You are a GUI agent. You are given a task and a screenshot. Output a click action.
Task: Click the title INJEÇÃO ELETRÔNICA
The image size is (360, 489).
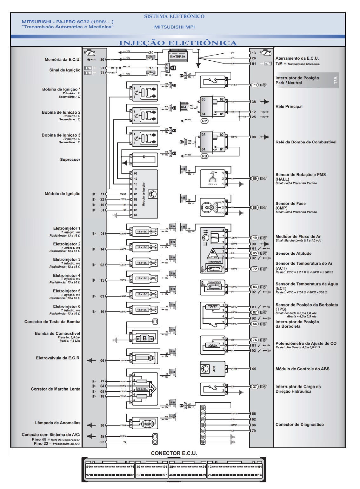pos(178,43)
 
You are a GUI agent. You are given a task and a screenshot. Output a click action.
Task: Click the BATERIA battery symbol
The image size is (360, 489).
pos(177,56)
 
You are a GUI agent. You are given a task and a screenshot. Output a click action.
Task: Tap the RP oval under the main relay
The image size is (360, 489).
pos(204,121)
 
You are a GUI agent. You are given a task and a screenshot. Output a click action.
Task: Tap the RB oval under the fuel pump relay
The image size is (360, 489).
pos(204,156)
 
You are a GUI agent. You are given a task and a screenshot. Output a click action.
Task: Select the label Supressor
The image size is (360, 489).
pos(70,159)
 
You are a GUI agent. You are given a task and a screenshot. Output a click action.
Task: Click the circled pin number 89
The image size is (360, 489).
pos(255,178)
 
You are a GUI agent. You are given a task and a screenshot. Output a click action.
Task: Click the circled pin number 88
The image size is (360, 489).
pos(255,207)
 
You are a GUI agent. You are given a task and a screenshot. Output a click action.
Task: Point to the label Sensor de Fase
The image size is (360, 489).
pos(290,204)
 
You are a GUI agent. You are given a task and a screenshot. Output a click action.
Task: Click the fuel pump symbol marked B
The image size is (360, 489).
pos(144,338)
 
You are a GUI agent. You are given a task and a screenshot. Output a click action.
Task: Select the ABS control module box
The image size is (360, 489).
pos(212,369)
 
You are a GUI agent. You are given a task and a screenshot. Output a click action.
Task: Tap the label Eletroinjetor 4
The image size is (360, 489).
pos(67,275)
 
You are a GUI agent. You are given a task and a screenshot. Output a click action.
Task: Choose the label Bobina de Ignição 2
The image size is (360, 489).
pos(61,112)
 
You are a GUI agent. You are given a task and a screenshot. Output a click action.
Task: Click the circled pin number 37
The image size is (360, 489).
pos(255,386)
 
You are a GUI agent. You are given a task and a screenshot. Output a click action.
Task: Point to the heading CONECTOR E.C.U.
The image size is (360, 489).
pos(174,453)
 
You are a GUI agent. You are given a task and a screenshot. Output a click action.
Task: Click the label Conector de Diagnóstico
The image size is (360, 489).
pos(299,424)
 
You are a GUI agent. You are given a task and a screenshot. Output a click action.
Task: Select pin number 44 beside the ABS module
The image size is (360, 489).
pos(254,369)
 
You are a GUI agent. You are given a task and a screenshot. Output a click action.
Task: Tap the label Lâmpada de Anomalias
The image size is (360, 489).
pos(57,423)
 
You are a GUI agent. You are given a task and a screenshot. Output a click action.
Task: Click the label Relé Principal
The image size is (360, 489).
pos(289,106)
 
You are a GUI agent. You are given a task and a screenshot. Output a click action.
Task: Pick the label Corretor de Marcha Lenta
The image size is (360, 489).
pos(56,389)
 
